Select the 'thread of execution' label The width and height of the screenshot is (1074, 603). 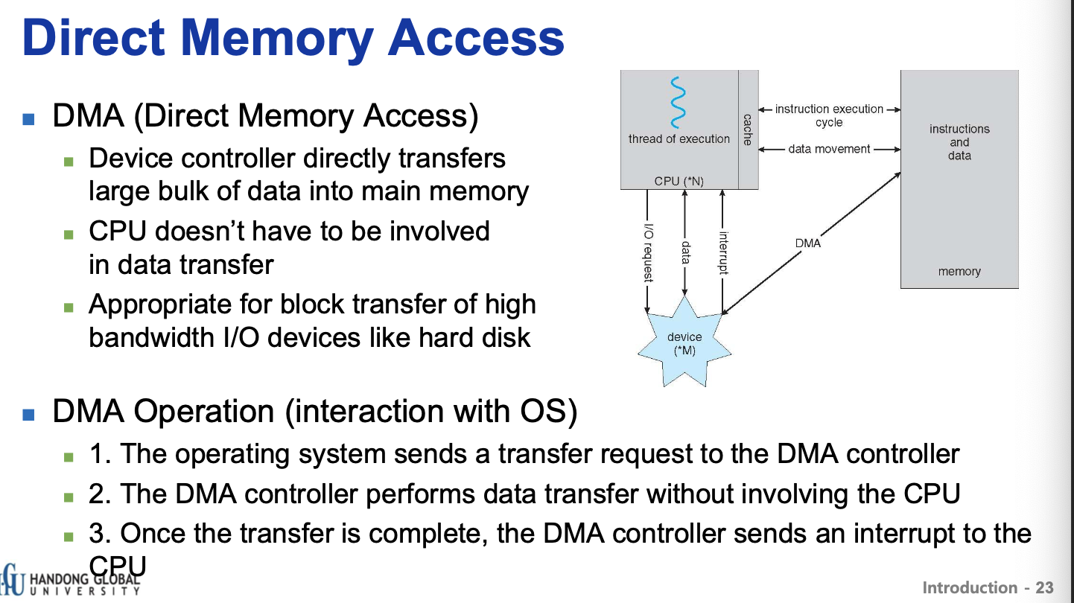pos(679,138)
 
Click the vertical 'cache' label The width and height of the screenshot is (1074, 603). pos(748,130)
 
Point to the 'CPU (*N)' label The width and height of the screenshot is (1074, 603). pos(679,180)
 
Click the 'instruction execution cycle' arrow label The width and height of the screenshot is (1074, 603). pos(829,115)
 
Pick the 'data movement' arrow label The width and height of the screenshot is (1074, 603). pos(829,149)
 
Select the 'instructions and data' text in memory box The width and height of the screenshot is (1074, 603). pos(959,142)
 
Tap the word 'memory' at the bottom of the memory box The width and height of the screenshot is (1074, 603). pos(959,272)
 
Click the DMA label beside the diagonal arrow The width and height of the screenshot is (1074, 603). pos(808,243)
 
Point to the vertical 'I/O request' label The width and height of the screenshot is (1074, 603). pos(649,253)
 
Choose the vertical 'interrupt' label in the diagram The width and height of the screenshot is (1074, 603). pos(722,253)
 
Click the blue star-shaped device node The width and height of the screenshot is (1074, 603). pos(684,343)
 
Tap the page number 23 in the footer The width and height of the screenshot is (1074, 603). pos(1045,588)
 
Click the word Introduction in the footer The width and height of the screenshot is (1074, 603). pos(971,588)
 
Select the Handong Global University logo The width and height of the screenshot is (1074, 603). pos(71,581)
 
